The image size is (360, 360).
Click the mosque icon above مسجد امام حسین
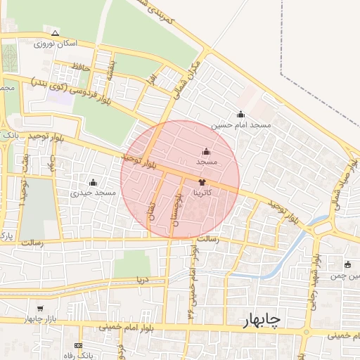241,114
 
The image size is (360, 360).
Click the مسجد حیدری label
93,192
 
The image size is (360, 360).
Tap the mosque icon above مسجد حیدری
93,182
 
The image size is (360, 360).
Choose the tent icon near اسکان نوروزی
56,33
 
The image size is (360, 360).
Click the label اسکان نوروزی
56,44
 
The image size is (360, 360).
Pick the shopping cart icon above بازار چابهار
40,309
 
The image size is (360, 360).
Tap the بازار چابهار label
40,319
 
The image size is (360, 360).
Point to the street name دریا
143,279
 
